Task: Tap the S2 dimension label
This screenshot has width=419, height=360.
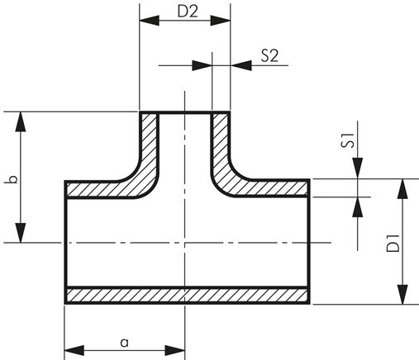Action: [269, 56]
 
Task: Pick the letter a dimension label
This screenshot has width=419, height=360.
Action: [124, 341]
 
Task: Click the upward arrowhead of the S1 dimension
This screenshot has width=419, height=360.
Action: [357, 206]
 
